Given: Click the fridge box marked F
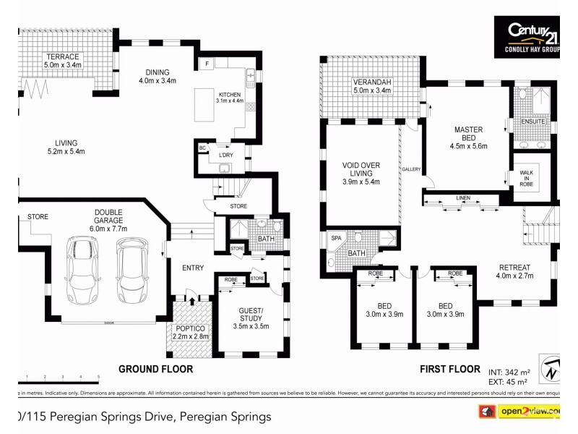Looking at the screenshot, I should click(208, 64).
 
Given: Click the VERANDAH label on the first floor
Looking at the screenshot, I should click(371, 85).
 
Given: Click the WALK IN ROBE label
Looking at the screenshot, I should click(526, 179).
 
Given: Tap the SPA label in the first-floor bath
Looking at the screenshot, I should click(336, 238).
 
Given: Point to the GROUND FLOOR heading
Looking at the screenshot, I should click(155, 369).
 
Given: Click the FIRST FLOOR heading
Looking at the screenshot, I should click(450, 369).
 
